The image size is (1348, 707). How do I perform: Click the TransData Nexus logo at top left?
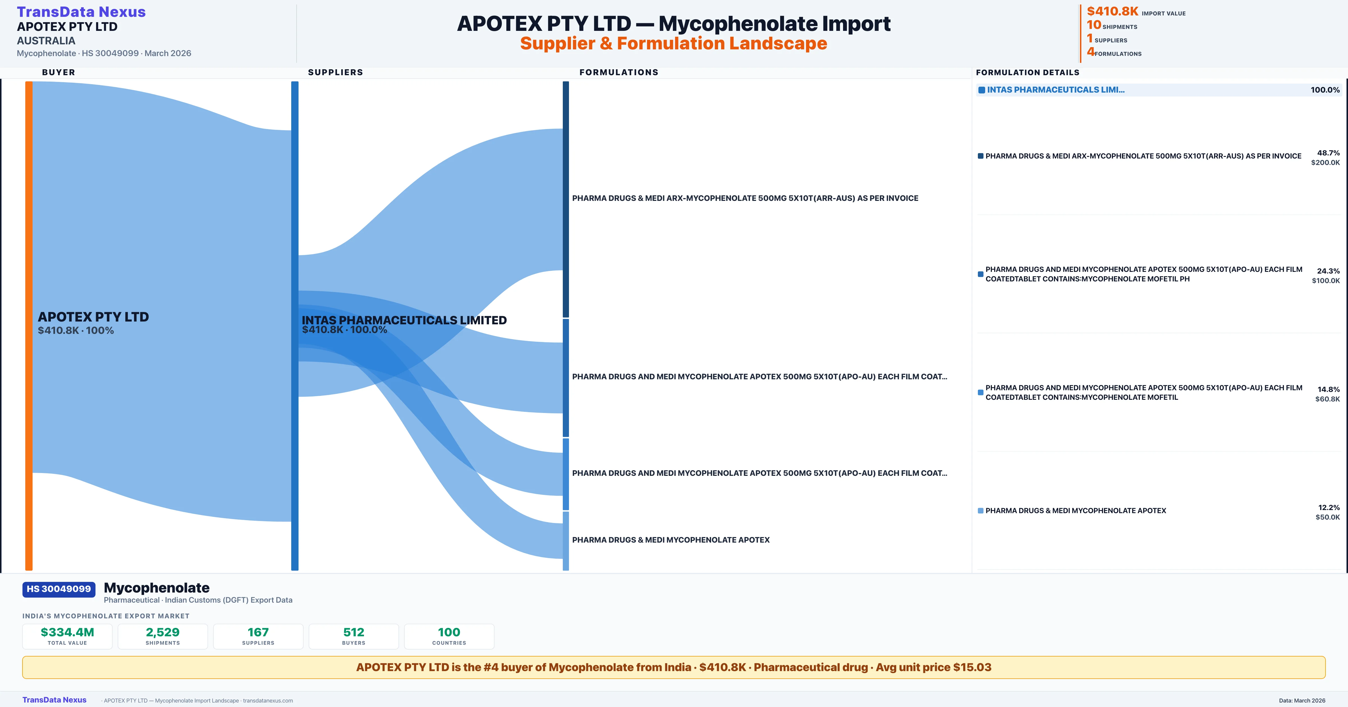click(81, 12)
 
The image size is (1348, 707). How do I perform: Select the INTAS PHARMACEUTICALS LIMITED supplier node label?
click(404, 320)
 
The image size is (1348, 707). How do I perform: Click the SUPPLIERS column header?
click(335, 72)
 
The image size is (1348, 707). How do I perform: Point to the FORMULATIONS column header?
click(618, 72)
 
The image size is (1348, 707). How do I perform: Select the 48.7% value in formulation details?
click(1328, 153)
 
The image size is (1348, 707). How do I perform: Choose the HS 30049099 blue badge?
click(59, 589)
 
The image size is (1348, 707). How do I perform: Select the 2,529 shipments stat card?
click(163, 636)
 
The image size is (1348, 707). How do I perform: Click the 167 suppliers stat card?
click(258, 636)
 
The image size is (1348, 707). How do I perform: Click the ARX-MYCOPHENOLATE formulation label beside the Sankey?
click(745, 198)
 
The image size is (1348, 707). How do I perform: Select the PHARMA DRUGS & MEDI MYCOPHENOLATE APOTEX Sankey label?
click(670, 540)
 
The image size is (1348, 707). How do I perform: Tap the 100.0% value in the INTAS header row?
click(1325, 90)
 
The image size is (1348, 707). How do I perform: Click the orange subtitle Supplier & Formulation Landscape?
click(673, 43)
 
